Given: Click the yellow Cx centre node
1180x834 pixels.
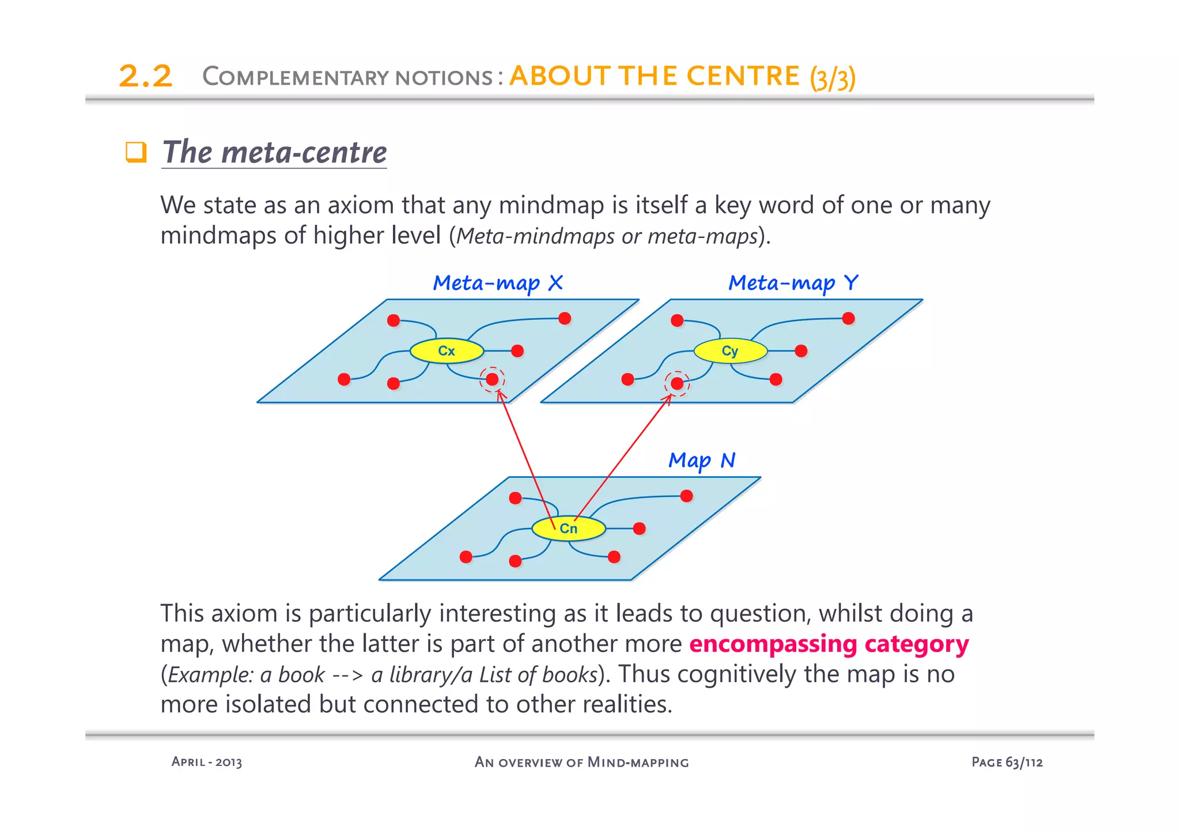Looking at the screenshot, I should pos(447,350).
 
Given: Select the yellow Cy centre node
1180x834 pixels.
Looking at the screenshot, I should pos(730,350).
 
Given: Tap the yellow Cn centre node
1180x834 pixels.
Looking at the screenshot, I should pos(568,528).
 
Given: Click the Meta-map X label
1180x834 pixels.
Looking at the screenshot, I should pos(498,283).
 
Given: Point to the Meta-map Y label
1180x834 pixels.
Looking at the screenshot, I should pos(793,283).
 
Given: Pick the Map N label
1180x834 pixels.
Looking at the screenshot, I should pos(702,461).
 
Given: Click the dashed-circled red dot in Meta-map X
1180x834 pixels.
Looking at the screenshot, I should pos(492,379).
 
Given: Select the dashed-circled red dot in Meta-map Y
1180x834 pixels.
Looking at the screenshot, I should pos(677,383).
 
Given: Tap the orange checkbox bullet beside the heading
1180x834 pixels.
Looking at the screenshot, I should pos(136,152).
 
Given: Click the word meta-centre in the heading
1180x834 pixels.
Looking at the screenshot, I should pos(304,152).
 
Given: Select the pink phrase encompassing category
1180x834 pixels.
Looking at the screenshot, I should pos(829,644).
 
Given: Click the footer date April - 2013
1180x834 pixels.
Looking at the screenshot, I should pos(207,762).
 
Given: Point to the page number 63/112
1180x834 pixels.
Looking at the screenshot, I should pos(1024,762).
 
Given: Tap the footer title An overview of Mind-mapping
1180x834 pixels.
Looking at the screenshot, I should pos(581,762).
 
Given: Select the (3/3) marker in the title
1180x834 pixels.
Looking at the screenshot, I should pos(833,78).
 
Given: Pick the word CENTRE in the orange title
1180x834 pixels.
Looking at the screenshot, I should pos(743,76).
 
